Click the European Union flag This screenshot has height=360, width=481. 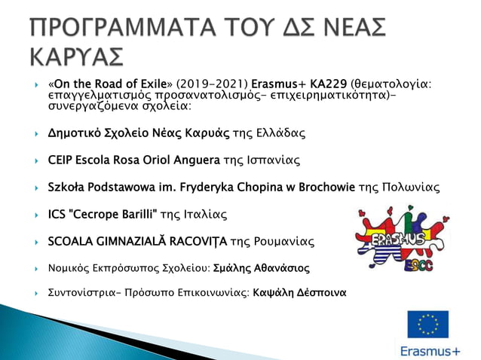tap(427, 325)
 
